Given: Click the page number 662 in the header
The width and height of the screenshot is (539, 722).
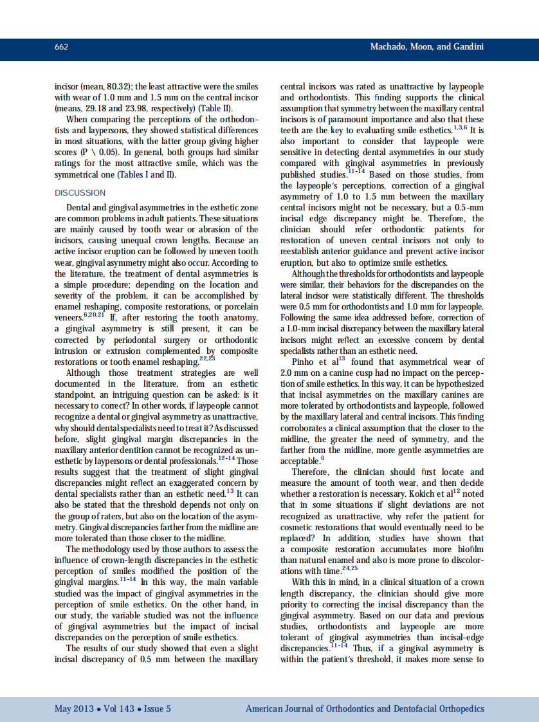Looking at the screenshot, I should (x=62, y=47).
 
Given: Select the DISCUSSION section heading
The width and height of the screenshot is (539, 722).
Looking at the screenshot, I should (x=80, y=192).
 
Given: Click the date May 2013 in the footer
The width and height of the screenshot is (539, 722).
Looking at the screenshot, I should (x=72, y=708).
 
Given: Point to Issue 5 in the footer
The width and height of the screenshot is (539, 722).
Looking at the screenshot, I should (x=157, y=708).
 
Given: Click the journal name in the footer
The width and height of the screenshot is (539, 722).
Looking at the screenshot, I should (x=365, y=708).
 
